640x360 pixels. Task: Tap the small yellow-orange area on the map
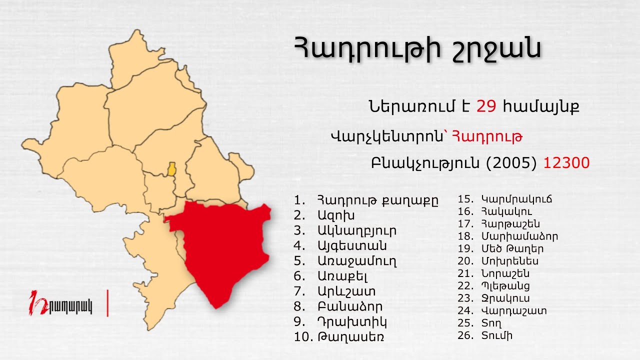coord(171,169)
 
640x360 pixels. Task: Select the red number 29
coord(486,106)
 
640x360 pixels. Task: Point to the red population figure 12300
coord(566,163)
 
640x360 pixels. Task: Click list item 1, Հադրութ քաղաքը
coord(377,200)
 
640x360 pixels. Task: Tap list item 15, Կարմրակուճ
coord(516,199)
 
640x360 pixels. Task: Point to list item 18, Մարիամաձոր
coord(519,236)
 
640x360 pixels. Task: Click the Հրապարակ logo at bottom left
coord(61,304)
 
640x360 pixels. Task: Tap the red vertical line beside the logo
coord(107,302)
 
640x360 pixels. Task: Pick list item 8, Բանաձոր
coord(349,306)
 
